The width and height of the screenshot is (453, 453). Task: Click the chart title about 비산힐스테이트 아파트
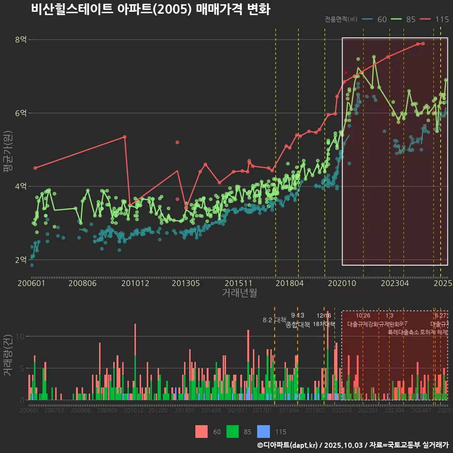click(151, 9)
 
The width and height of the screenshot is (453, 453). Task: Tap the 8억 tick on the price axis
click(21, 40)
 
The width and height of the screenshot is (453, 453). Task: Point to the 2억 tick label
click(21, 260)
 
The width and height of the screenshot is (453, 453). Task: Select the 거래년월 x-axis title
click(239, 293)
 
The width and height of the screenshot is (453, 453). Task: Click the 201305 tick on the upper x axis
click(185, 283)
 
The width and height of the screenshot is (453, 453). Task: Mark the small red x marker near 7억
click(346, 72)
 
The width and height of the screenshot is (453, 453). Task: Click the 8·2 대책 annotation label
click(274, 320)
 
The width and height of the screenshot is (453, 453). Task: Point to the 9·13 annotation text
click(297, 315)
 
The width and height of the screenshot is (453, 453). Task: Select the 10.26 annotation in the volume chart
click(363, 315)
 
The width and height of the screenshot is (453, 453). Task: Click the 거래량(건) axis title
click(8, 355)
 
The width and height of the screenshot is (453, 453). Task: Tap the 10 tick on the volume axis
click(21, 336)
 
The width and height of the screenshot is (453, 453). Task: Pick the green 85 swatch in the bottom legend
click(233, 431)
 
